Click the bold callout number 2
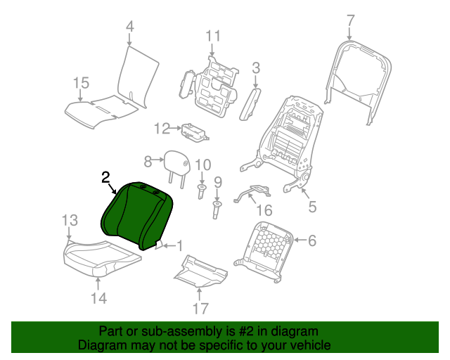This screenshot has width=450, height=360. (x=105, y=177)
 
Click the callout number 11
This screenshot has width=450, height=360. (x=213, y=36)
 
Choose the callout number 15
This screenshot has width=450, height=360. (x=82, y=83)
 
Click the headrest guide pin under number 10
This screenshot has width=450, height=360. (x=202, y=191)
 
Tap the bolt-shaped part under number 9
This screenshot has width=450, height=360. (x=217, y=210)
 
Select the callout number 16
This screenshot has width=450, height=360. (x=264, y=210)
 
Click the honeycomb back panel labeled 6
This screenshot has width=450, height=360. (x=264, y=252)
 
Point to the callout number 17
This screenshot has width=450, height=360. (x=200, y=309)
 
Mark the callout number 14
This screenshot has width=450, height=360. (x=99, y=298)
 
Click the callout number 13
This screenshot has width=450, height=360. (x=70, y=221)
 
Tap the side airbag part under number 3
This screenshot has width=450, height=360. (x=250, y=105)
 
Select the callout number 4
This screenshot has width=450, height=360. (x=130, y=27)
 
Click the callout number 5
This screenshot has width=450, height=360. (x=312, y=207)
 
